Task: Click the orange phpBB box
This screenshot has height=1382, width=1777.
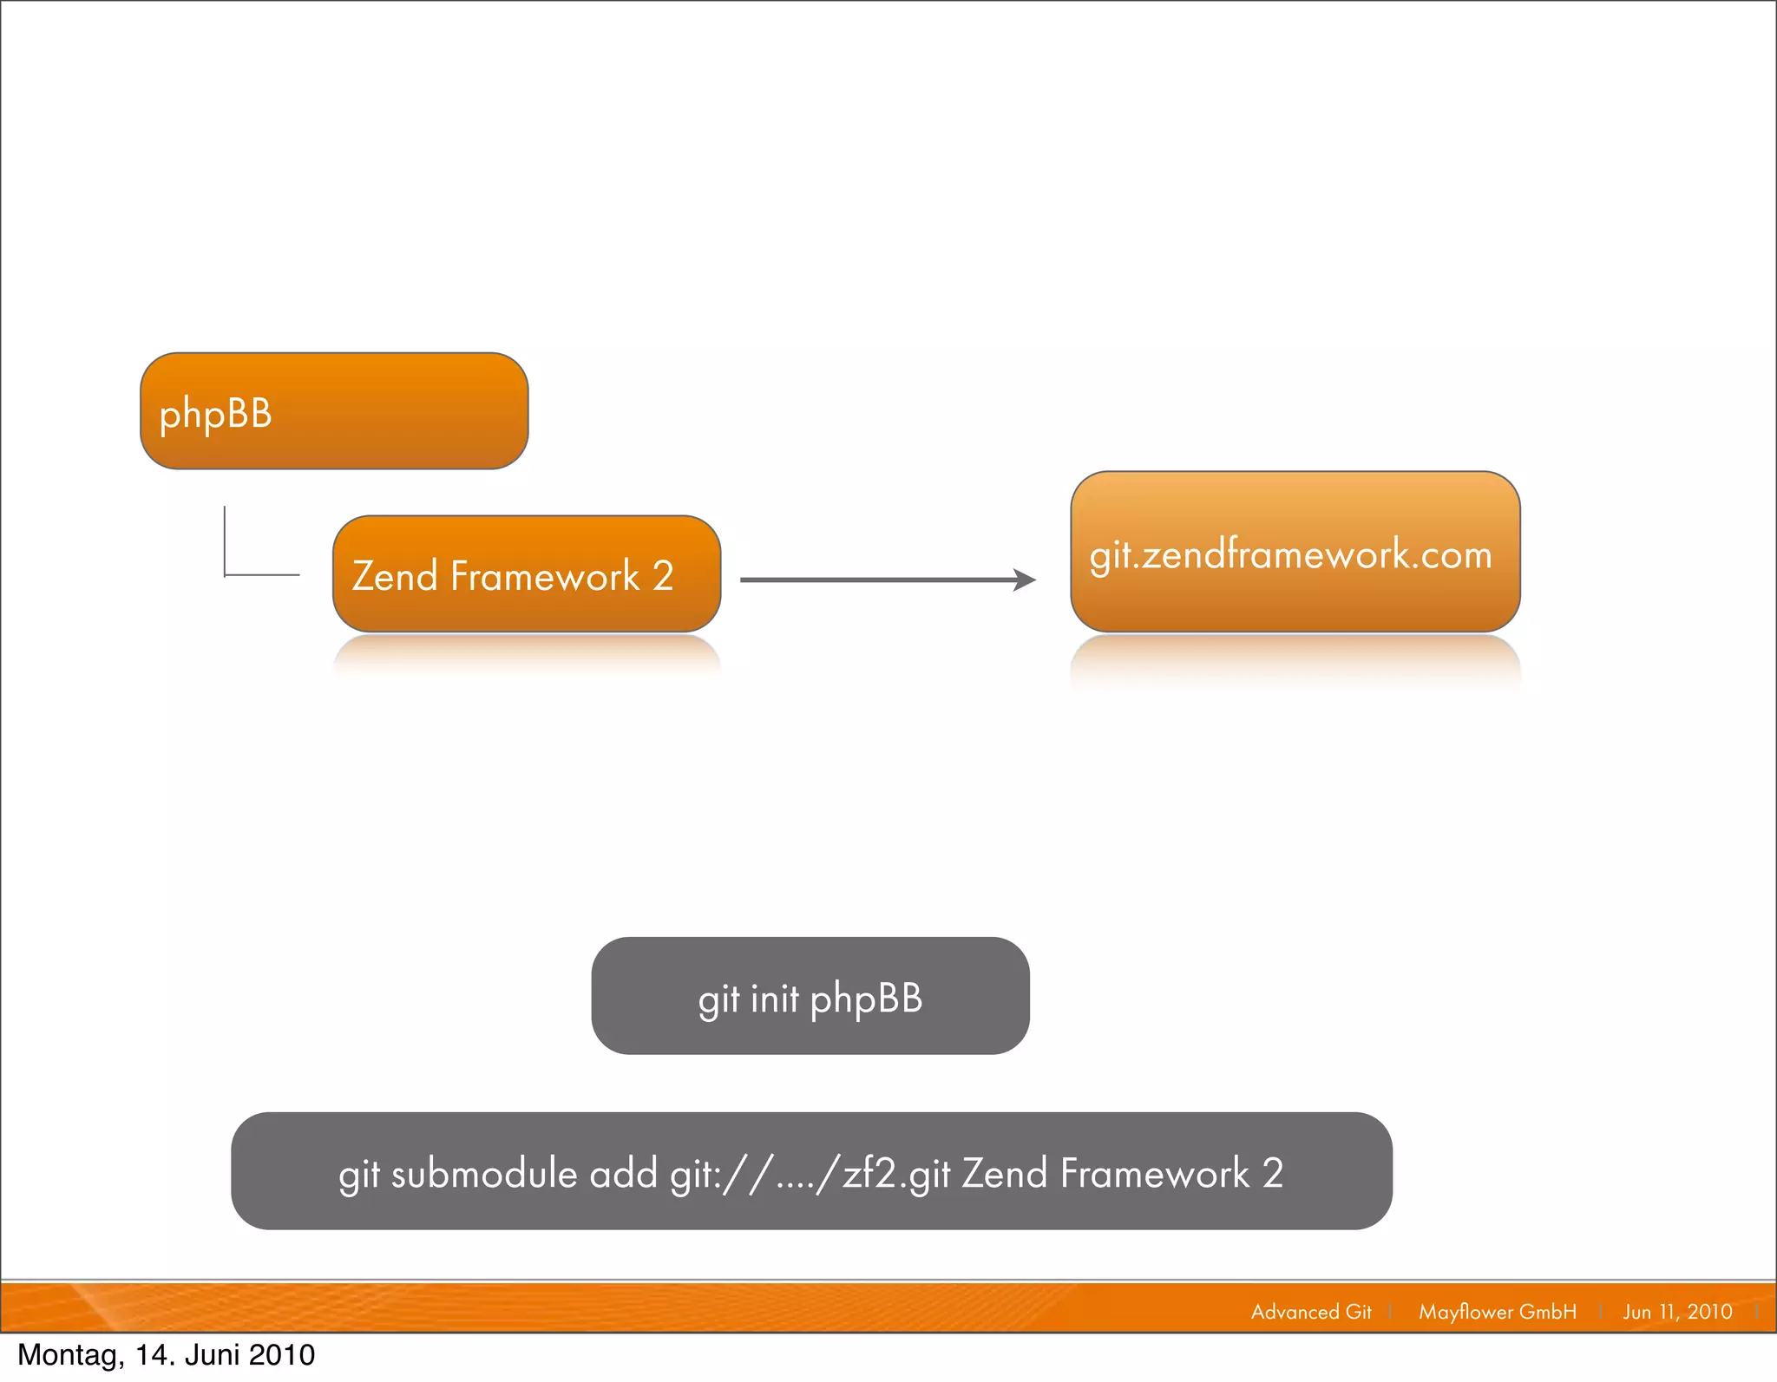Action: point(334,411)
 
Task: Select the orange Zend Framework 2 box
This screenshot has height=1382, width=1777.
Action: point(527,574)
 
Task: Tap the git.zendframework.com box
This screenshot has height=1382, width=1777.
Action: point(1295,552)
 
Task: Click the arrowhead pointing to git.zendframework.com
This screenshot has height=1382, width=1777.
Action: point(1026,580)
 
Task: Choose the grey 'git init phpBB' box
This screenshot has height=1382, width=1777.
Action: point(810,996)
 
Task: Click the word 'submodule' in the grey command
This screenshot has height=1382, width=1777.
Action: point(484,1174)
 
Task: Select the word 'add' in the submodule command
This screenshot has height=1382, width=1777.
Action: point(624,1174)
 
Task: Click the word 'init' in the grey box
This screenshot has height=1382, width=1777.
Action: point(774,999)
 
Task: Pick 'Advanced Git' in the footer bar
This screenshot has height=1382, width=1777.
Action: point(1311,1312)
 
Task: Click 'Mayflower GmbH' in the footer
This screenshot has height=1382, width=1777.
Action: point(1498,1312)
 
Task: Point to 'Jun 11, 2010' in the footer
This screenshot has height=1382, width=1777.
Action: point(1677,1312)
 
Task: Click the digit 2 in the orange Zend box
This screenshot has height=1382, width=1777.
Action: point(663,576)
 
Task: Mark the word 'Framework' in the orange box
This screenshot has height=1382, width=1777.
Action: point(545,576)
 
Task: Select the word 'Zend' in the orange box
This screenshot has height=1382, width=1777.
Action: point(395,576)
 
